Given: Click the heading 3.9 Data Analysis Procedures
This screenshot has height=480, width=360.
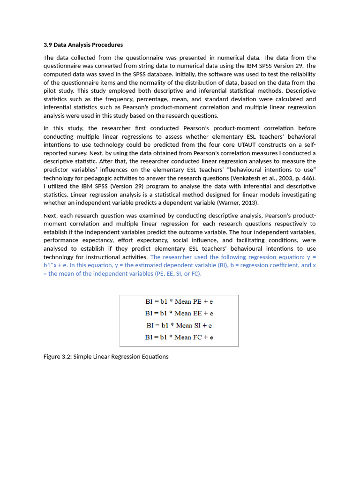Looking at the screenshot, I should (83, 45).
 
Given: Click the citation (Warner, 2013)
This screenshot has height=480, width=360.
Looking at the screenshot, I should (237, 203).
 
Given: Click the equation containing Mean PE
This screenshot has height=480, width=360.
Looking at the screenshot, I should (179, 302).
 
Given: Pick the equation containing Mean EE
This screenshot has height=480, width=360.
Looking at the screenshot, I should (179, 314).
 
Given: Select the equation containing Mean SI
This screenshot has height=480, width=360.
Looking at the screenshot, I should (179, 325).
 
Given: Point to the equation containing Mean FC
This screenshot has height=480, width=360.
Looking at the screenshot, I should (179, 337).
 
